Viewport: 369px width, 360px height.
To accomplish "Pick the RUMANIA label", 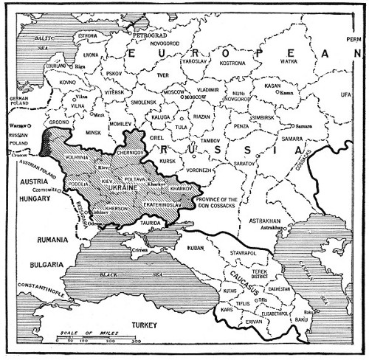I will coord(39,239).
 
